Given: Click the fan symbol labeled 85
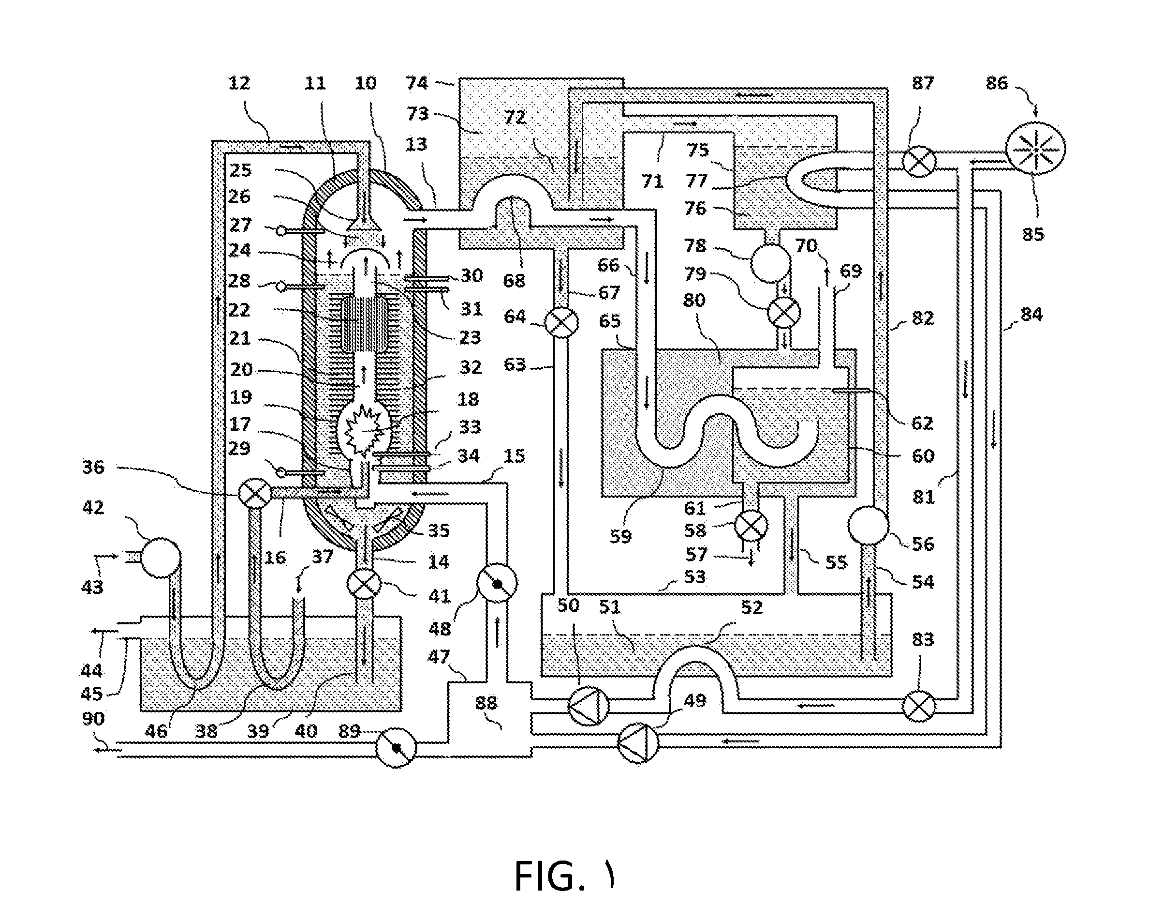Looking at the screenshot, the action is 1035,149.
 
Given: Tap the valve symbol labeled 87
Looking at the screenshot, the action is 919,161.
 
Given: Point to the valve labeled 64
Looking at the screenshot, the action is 561,322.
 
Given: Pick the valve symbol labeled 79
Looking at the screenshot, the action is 783,313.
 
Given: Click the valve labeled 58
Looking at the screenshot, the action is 751,525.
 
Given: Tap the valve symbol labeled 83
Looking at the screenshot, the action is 919,706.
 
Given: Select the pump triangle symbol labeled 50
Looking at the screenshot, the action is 589,706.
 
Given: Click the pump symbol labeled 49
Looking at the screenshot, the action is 638,743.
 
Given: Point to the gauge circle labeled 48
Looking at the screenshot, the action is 497,583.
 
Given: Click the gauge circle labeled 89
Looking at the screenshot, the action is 396,748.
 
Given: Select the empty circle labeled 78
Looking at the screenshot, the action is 770,263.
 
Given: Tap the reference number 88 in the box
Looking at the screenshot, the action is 486,702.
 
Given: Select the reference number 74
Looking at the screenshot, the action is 417,83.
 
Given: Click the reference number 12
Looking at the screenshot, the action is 239,83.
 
